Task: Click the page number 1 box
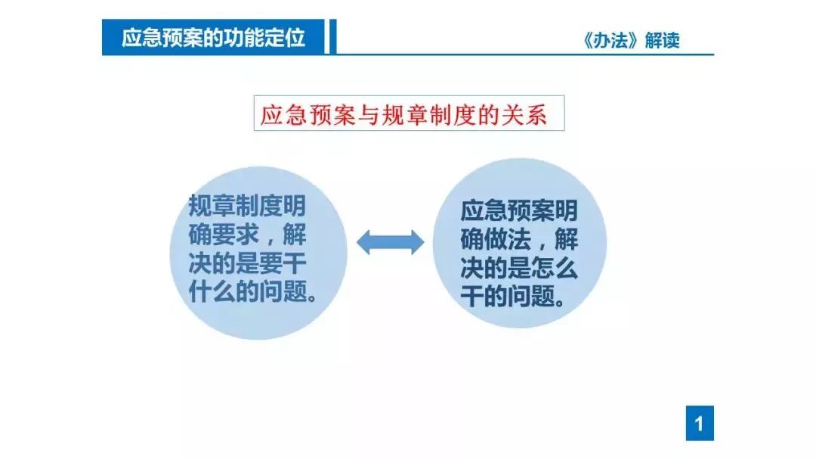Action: [700, 423]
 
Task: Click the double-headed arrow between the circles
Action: [391, 242]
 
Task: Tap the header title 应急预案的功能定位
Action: [213, 38]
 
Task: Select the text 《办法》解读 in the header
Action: [631, 40]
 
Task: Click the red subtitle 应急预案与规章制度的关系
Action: [403, 114]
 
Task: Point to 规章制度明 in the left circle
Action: [247, 206]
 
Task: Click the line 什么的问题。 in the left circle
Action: [253, 292]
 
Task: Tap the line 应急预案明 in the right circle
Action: [519, 210]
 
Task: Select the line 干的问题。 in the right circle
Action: [513, 297]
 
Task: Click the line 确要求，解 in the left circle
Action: [247, 235]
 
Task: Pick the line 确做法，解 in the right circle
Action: [519, 239]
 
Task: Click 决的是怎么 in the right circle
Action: [519, 268]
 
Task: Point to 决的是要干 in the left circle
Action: [247, 263]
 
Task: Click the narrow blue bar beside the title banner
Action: [333, 36]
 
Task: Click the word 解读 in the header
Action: [663, 40]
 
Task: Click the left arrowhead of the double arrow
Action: [363, 242]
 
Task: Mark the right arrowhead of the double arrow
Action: [418, 242]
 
